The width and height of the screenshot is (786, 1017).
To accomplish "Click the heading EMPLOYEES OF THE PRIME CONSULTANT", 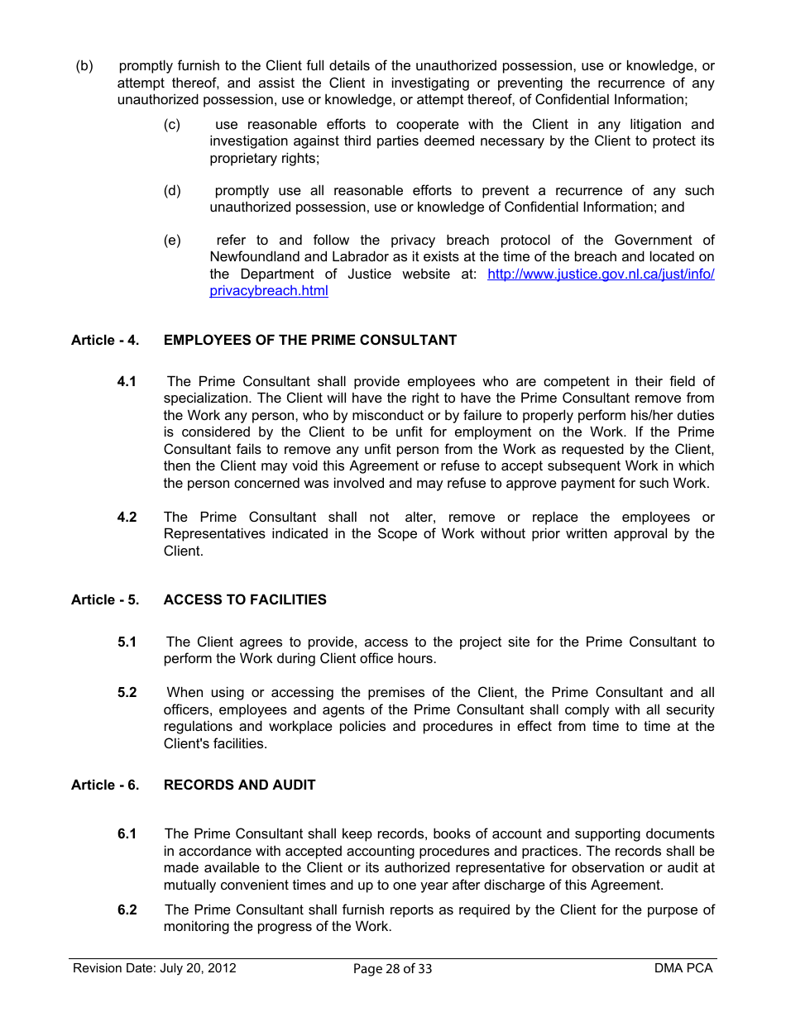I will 310,340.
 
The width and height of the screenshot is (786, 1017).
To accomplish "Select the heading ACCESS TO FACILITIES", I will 245,599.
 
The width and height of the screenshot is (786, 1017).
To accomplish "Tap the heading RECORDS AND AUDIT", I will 239,785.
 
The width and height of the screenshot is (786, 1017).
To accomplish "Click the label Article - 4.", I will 105,340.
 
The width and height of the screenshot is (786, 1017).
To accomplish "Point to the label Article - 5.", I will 105,599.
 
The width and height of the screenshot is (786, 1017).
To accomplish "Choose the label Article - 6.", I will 105,785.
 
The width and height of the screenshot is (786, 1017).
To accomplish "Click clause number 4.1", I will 127,381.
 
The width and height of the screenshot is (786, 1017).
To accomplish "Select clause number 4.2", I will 127,517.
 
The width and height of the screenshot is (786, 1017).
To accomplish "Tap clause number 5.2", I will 127,692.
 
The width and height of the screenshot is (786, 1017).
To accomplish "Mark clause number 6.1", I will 127,833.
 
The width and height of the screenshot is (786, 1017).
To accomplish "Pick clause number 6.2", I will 127,910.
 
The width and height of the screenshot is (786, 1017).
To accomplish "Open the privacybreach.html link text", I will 269,291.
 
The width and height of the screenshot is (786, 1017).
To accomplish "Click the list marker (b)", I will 84,65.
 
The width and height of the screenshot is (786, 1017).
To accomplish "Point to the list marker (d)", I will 172,190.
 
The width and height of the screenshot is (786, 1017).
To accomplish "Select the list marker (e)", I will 172,240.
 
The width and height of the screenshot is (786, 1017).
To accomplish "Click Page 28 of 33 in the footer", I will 392,969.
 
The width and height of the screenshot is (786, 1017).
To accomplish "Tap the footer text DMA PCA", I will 683,968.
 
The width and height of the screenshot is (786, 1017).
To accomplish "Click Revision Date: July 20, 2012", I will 155,968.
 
